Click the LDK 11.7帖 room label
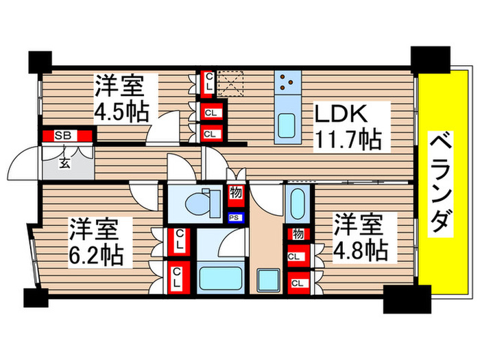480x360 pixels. [x=348, y=128]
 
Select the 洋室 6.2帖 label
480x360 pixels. [x=97, y=242]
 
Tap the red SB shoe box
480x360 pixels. [x=66, y=136]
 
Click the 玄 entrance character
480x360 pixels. [x=64, y=163]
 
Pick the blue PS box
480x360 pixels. [x=235, y=219]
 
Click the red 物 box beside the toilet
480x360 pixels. [x=235, y=194]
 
